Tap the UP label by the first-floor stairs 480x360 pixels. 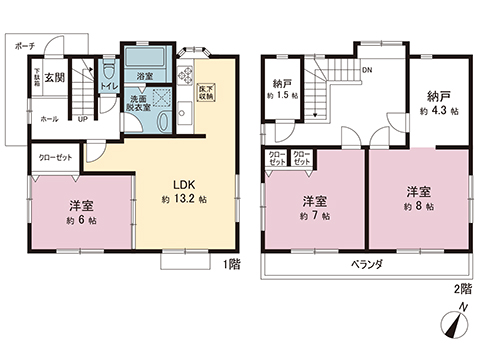[x=82, y=118]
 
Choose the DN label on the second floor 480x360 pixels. [x=367, y=70]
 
